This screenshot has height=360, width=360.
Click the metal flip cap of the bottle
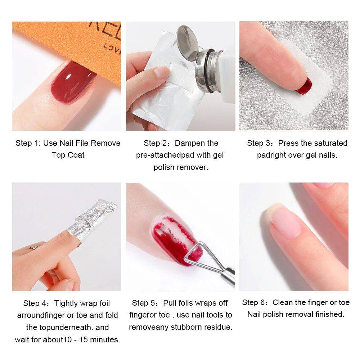tap(188, 41)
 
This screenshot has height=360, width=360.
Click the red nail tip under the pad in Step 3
tap(303, 86)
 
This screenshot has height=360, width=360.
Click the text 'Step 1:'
tap(28, 143)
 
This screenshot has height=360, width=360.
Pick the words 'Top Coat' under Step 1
tap(68, 155)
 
